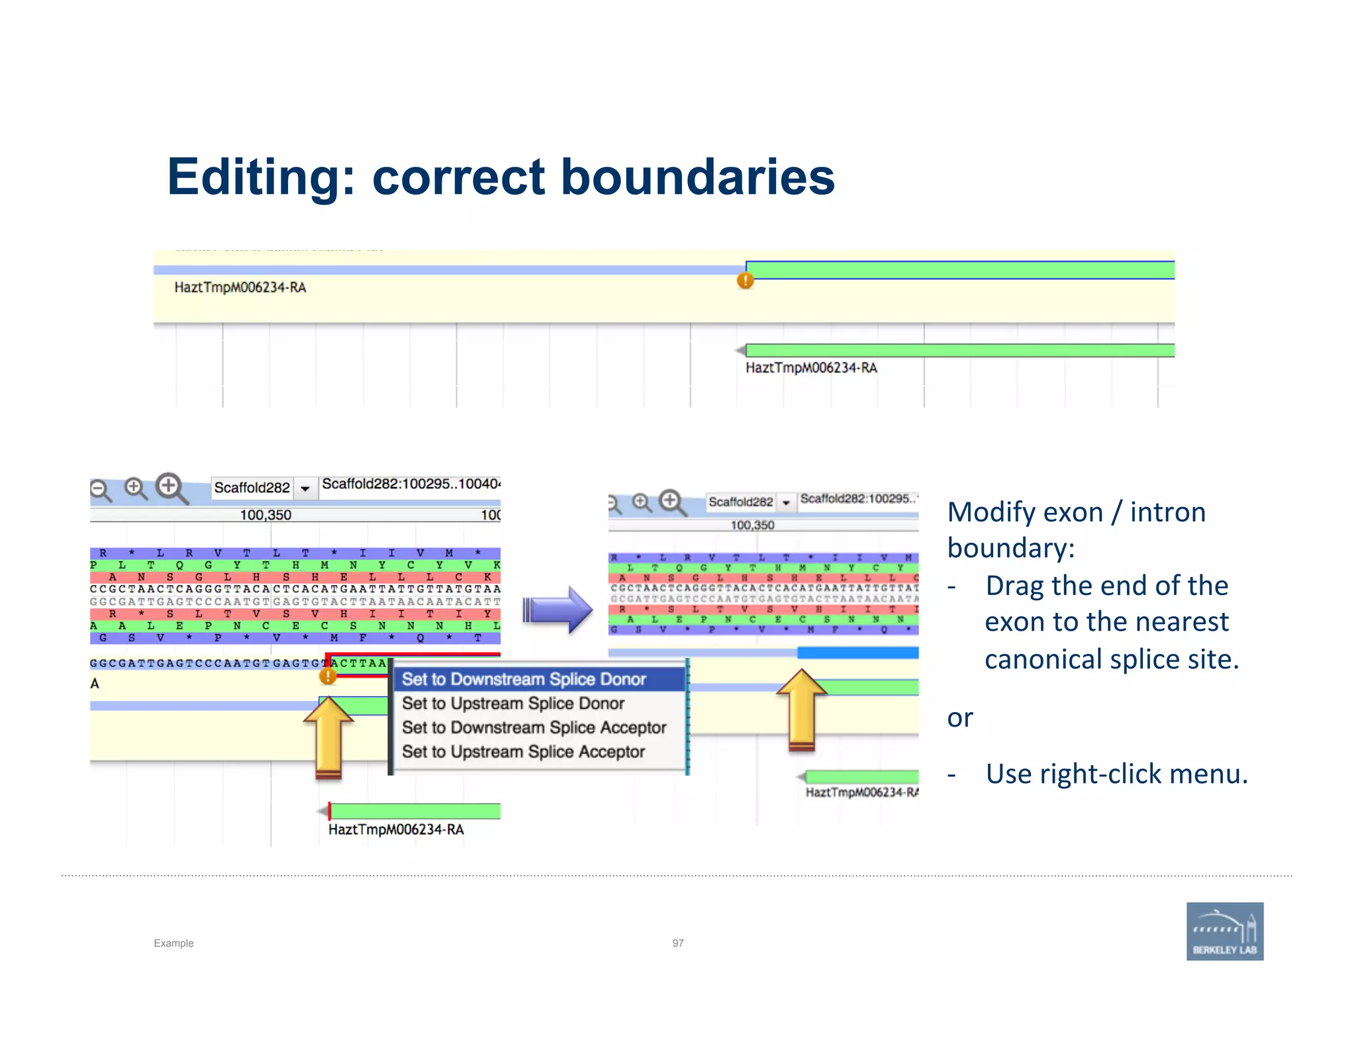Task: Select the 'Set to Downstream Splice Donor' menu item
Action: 524,679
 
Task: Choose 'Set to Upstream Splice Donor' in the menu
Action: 513,704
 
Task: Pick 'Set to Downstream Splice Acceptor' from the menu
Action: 534,727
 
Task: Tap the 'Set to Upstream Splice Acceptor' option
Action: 523,752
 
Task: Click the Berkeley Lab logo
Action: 1224,931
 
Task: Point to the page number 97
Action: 678,943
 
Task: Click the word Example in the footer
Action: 173,943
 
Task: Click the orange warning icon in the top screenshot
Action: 746,281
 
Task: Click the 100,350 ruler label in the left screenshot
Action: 266,515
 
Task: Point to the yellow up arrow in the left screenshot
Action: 328,735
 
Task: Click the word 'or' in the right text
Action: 960,718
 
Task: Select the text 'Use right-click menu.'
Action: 1116,774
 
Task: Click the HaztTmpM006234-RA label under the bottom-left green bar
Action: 396,830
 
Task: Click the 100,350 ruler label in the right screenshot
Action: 752,525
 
